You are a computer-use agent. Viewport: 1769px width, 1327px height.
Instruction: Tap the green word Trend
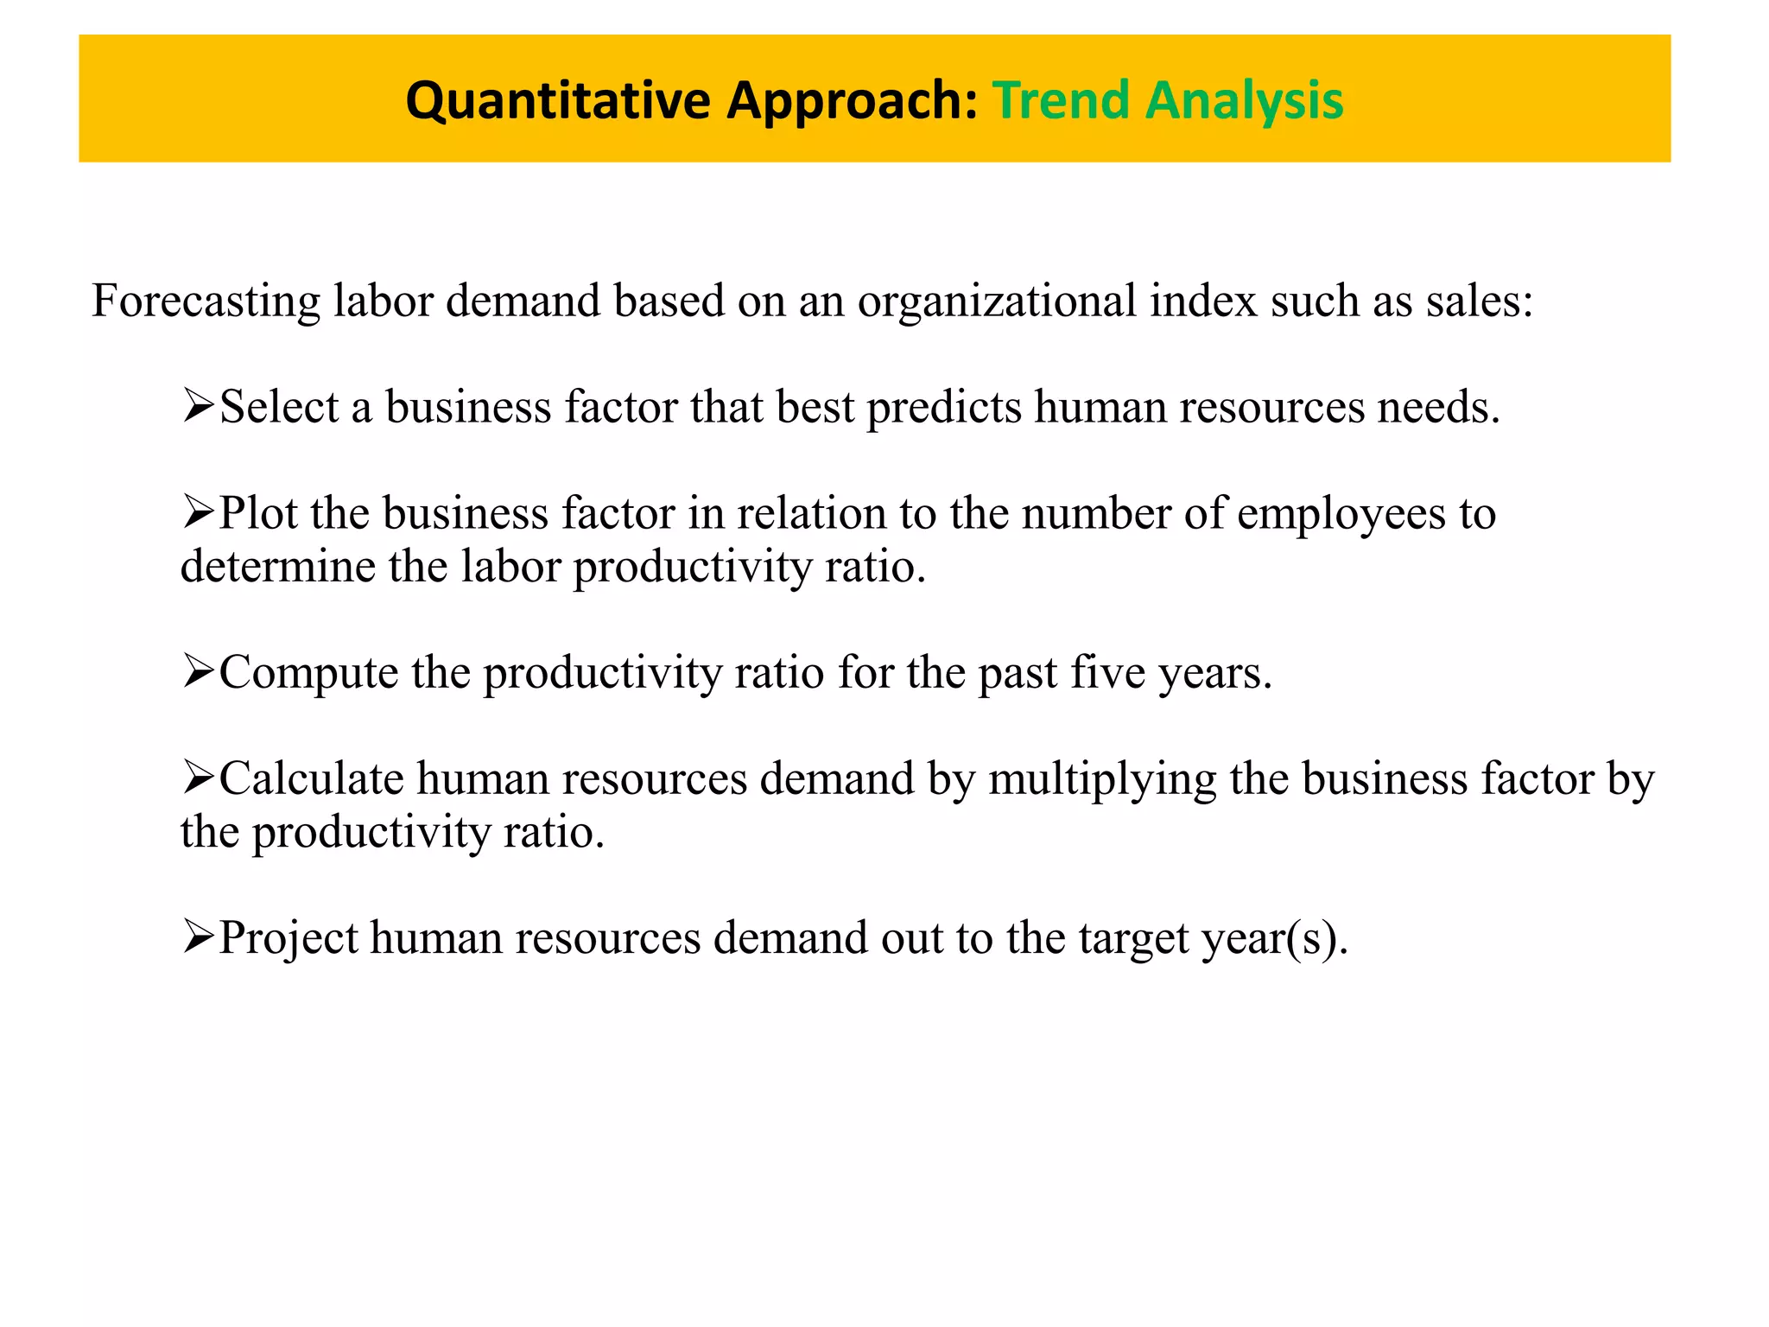pyautogui.click(x=1061, y=100)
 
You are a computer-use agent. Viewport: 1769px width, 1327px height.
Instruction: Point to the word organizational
pyautogui.click(x=997, y=302)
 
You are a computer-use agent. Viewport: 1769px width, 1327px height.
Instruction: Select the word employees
pyautogui.click(x=1341, y=514)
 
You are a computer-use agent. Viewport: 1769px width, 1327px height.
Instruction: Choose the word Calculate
pyautogui.click(x=312, y=778)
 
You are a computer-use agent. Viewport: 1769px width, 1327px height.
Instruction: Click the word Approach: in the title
pyautogui.click(x=851, y=100)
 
